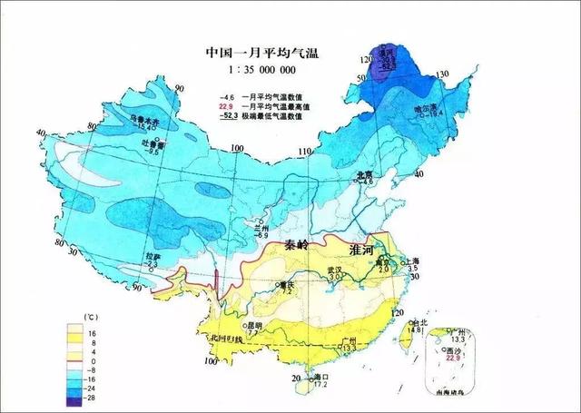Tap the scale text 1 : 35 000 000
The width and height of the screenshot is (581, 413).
[260, 69]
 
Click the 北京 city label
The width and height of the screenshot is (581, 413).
[364, 173]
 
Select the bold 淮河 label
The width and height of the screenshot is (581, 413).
[373, 246]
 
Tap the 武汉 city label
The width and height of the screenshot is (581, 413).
[334, 270]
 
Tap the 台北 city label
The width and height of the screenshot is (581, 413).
[417, 322]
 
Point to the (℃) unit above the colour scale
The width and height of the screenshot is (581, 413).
[90, 316]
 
